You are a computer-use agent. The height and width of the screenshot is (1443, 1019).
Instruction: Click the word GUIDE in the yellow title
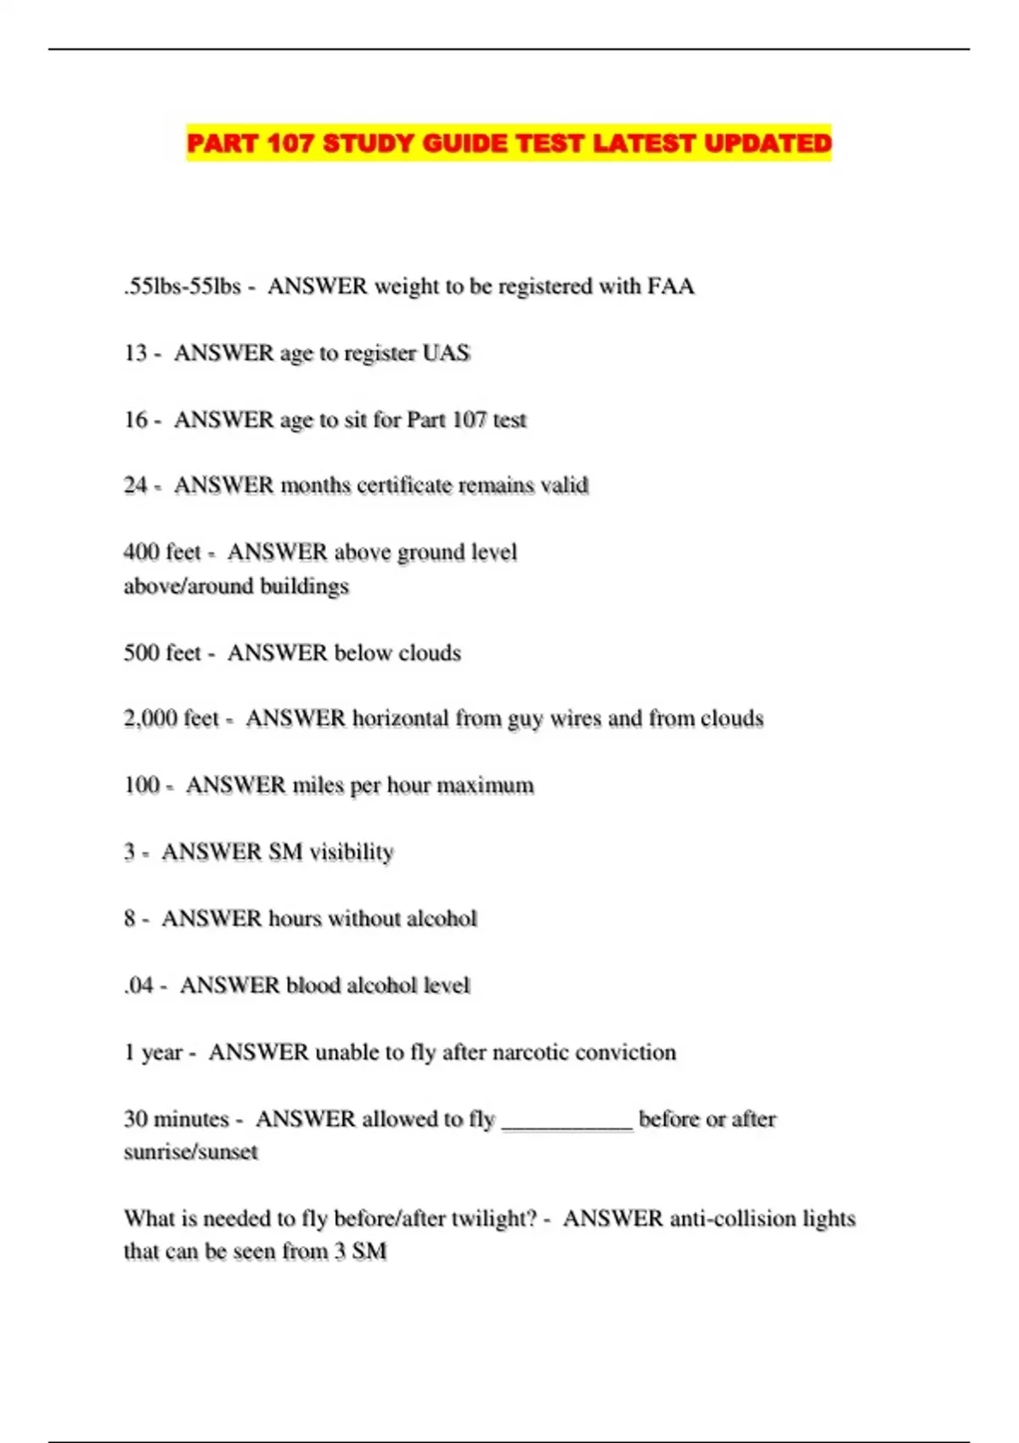tap(464, 143)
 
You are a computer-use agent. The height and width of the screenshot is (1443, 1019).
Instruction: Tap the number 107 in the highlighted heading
tap(290, 143)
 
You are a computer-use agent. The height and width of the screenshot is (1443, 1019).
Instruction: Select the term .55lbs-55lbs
tap(183, 286)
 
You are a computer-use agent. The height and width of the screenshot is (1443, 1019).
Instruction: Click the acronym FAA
tap(671, 286)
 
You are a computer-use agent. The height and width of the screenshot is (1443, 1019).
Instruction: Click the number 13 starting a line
tap(135, 352)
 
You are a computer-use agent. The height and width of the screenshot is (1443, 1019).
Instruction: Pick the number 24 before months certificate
tap(135, 485)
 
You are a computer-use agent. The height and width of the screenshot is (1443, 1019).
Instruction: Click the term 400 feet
tap(162, 552)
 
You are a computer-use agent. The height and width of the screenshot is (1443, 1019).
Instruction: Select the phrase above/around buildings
tap(236, 586)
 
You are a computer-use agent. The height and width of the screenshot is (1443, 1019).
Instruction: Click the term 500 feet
tap(162, 652)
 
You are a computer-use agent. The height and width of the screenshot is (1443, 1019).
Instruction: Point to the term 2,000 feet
tap(172, 718)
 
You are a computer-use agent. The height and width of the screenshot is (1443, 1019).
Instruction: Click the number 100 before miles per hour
tap(141, 784)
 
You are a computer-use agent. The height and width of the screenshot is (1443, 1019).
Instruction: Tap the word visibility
tap(352, 851)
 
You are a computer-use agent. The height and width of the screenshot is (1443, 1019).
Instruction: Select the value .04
tap(138, 985)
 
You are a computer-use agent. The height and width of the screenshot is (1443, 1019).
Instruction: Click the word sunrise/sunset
tap(190, 1152)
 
